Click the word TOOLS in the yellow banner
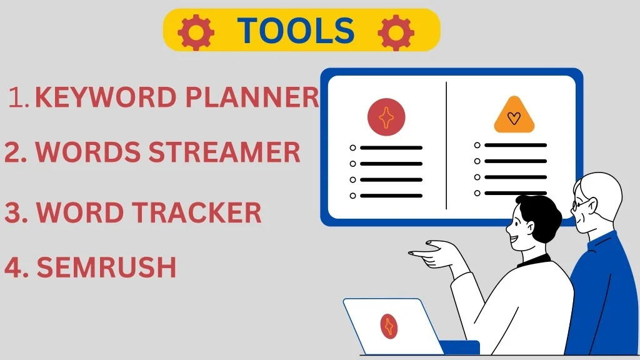click(296, 31)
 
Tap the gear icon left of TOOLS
click(196, 32)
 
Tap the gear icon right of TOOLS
click(396, 32)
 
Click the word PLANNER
click(252, 97)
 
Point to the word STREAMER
click(224, 152)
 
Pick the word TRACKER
click(196, 212)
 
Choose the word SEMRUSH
click(106, 267)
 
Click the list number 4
click(16, 267)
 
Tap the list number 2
click(16, 152)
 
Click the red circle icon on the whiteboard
click(386, 117)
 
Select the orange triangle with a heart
click(514, 115)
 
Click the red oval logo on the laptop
click(389, 326)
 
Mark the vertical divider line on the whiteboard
click(446, 146)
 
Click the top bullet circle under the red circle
click(352, 147)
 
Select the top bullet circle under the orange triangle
click(477, 145)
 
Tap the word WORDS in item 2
click(87, 152)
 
